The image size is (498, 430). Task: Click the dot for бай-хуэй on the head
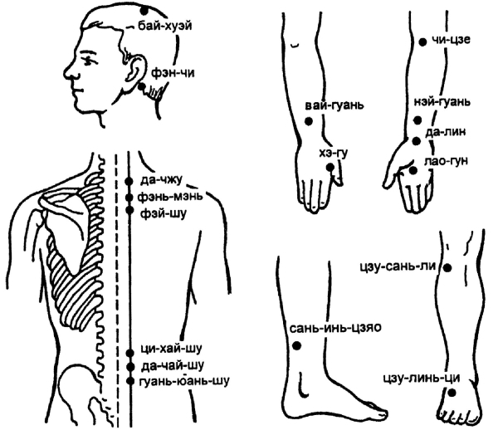(x=144, y=11)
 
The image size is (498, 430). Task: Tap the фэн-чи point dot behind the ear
(x=142, y=86)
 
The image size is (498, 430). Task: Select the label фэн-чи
(x=173, y=73)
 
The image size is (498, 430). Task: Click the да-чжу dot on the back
(x=129, y=181)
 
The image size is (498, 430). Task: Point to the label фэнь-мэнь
(x=170, y=196)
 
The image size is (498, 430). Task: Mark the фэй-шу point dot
(x=129, y=210)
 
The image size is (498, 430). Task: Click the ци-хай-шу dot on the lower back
(x=129, y=353)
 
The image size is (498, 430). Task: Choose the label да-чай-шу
(x=173, y=365)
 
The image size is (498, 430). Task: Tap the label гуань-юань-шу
(x=184, y=380)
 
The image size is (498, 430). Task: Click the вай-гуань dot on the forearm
(x=309, y=121)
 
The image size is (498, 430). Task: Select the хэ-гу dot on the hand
(x=330, y=167)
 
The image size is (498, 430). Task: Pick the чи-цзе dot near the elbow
(x=422, y=42)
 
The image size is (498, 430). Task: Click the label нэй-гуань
(x=442, y=102)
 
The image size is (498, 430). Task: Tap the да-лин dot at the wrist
(x=417, y=141)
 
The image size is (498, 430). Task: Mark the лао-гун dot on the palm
(x=413, y=170)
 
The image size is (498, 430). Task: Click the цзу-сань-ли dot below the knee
(x=447, y=268)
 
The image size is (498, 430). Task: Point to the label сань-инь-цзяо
(x=335, y=328)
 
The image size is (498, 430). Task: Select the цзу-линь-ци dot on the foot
(x=452, y=393)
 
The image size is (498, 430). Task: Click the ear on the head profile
(x=136, y=71)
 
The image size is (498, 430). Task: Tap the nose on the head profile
(x=71, y=71)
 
